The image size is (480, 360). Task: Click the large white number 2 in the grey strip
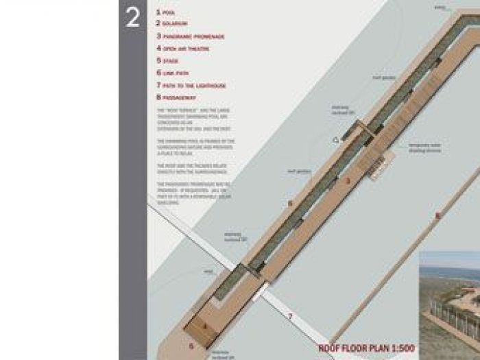point(132,19)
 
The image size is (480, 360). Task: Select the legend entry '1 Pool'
point(165,12)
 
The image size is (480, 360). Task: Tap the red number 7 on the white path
point(290,316)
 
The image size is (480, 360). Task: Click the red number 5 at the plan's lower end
point(191,346)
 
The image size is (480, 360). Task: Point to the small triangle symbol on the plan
point(335,140)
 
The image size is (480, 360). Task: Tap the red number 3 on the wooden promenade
point(348,181)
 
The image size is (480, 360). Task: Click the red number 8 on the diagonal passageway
point(437,216)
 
